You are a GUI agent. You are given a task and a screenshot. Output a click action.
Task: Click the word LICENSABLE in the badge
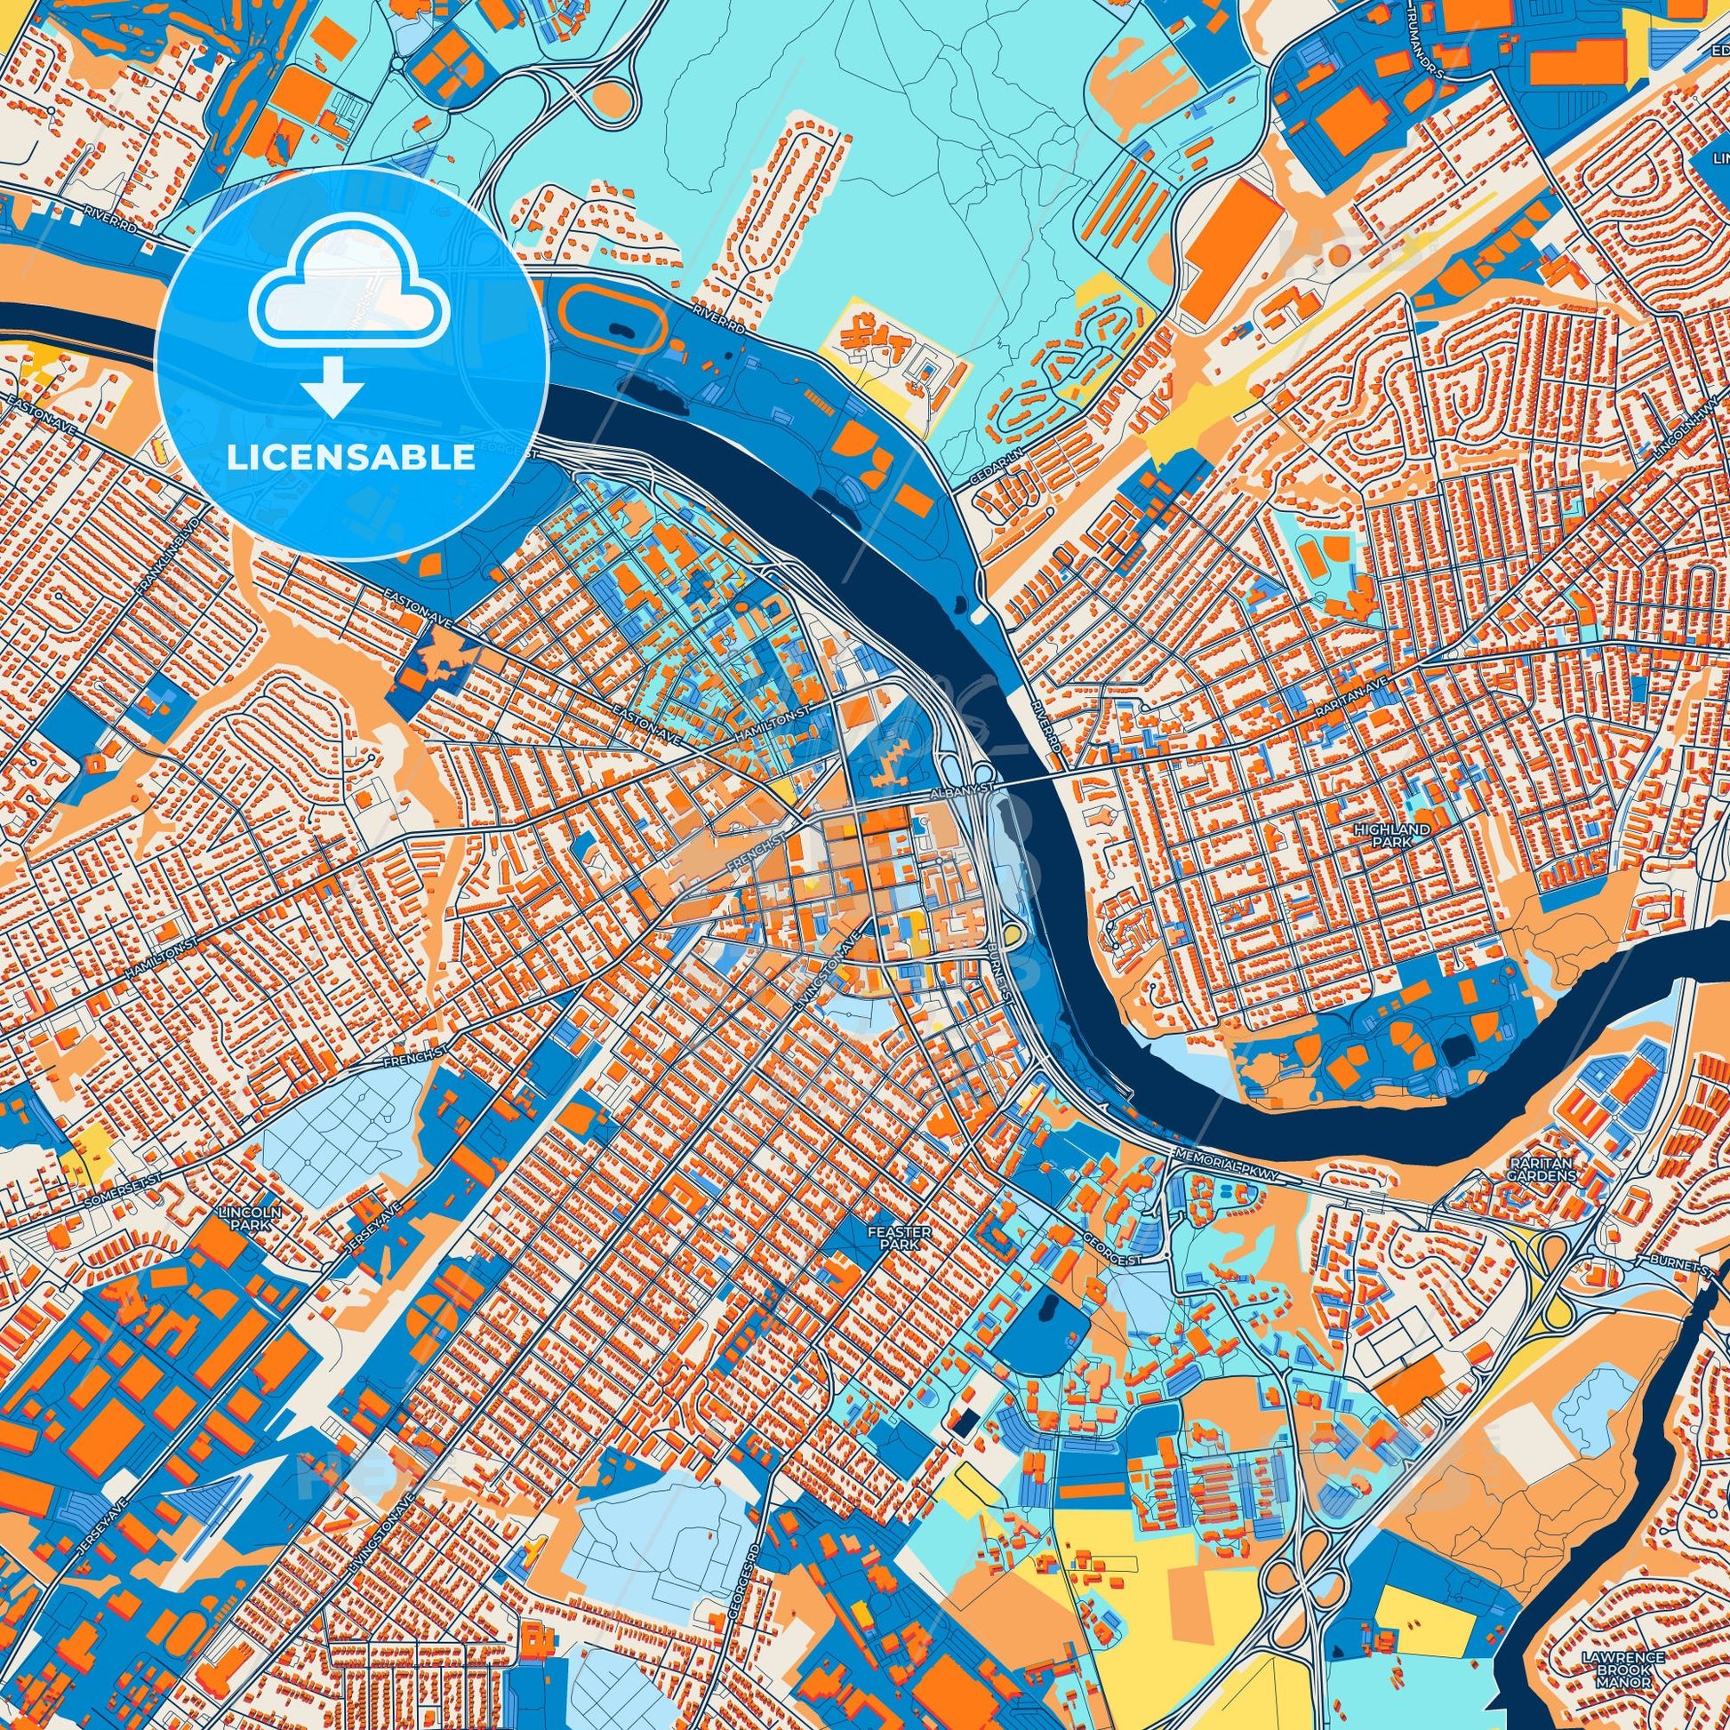tap(351, 458)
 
